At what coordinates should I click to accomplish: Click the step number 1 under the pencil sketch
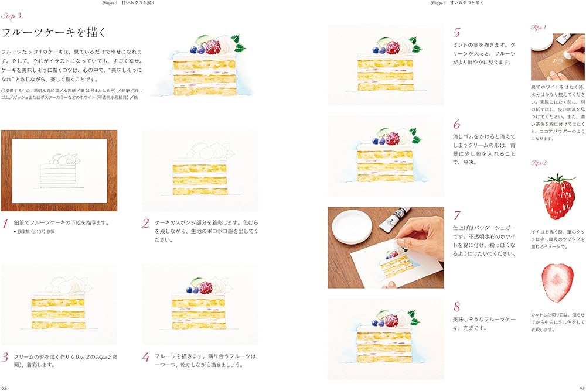[5, 224]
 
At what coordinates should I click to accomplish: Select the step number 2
[145, 224]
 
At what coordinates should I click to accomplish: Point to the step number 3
[5, 357]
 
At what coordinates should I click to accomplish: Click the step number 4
[145, 357]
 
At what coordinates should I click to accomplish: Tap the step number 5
[457, 33]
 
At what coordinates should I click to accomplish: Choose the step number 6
[457, 125]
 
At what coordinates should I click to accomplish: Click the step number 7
[457, 215]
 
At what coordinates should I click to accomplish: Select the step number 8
[457, 307]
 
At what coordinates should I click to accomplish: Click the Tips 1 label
[539, 28]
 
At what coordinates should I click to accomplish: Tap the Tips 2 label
[539, 163]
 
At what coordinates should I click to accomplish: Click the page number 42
[5, 386]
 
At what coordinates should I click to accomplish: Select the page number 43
[580, 386]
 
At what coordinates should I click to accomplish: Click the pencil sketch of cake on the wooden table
[59, 170]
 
